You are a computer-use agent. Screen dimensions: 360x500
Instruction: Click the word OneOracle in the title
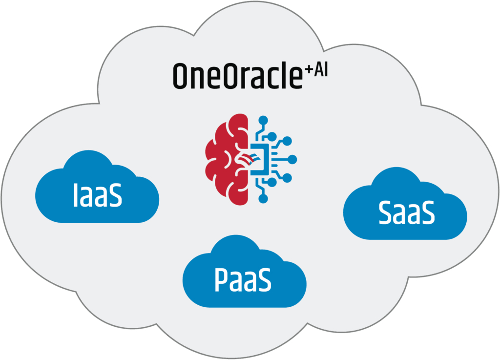tap(237, 76)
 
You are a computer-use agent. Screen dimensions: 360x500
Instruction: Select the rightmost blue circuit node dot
tap(293, 159)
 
